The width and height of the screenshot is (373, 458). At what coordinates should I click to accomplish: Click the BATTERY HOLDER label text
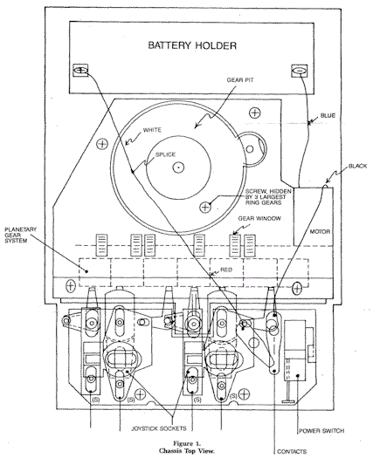[192, 45]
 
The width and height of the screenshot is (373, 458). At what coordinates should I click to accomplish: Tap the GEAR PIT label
[240, 79]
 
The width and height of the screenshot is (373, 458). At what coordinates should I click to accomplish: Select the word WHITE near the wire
[152, 130]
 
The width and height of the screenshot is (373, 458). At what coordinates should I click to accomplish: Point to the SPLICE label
[165, 154]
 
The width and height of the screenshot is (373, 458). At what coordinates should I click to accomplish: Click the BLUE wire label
[328, 116]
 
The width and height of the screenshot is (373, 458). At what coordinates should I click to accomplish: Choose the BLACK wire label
[357, 167]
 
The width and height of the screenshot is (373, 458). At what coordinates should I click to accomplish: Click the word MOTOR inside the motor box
[320, 232]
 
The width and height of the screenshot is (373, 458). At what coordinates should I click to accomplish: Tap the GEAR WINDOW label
[259, 218]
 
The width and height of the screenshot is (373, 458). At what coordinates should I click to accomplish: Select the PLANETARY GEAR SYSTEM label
[20, 235]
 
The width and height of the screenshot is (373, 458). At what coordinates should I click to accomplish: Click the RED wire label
[226, 270]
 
